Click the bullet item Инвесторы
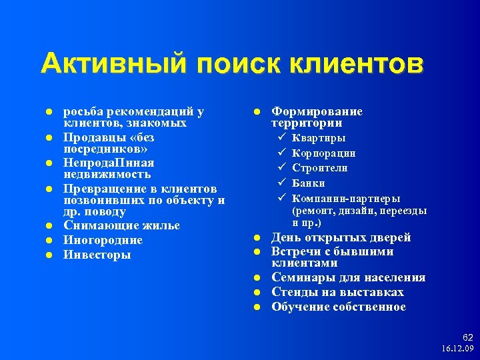tap(97, 255)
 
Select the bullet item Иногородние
tap(103, 240)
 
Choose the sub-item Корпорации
tap(324, 153)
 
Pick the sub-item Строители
tap(320, 167)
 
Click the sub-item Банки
tap(309, 183)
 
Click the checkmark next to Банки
tap(282, 183)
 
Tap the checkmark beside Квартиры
tap(282, 138)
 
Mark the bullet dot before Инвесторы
tap(49, 255)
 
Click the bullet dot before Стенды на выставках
tap(257, 293)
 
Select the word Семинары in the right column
tap(299, 278)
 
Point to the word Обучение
tap(299, 307)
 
